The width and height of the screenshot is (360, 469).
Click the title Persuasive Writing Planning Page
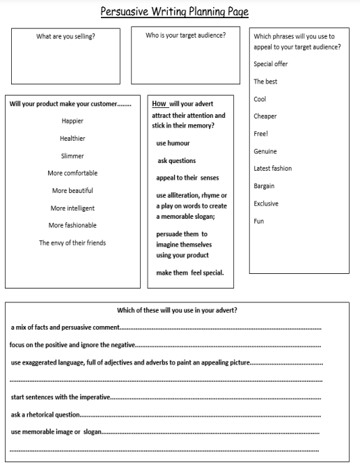coord(174,12)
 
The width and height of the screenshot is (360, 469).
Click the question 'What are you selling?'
coord(65,37)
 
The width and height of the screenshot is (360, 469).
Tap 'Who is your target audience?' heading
coord(185,35)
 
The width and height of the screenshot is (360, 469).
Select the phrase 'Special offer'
coord(271,64)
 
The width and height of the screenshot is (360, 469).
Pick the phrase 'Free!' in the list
coord(261,133)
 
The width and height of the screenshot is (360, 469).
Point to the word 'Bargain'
coord(264,185)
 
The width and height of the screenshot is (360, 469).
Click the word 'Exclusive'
coord(266,203)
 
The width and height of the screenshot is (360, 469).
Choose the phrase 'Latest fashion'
coord(273,168)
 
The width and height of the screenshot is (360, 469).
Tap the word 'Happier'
coord(72,121)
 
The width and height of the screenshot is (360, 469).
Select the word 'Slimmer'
coord(72,155)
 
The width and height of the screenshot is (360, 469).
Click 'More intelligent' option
coord(72,208)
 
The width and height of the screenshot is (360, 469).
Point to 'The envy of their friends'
coord(72,243)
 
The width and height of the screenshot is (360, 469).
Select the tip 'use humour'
coord(173,143)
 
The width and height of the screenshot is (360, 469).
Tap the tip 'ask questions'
coord(177,160)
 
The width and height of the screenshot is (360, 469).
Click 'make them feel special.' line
coord(190,272)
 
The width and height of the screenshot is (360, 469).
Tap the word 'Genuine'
coord(265,151)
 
